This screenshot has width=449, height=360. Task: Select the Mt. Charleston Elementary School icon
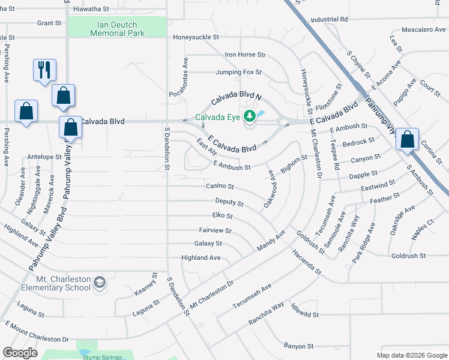pyautogui.click(x=99, y=281)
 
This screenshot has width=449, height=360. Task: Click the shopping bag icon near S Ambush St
pyautogui.click(x=407, y=139)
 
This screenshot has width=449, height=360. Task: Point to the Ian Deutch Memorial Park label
pyautogui.click(x=117, y=29)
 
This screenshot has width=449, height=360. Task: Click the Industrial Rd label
pyautogui.click(x=330, y=19)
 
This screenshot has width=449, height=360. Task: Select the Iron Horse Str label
pyautogui.click(x=245, y=55)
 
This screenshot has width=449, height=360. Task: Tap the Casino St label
pyautogui.click(x=219, y=187)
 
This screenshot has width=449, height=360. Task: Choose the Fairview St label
pyautogui.click(x=215, y=230)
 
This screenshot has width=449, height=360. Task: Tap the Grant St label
pyautogui.click(x=49, y=23)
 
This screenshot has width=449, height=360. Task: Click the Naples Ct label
pyautogui.click(x=423, y=227)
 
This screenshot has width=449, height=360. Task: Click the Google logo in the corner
pyautogui.click(x=20, y=352)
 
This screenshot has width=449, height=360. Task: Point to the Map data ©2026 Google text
pyautogui.click(x=411, y=355)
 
